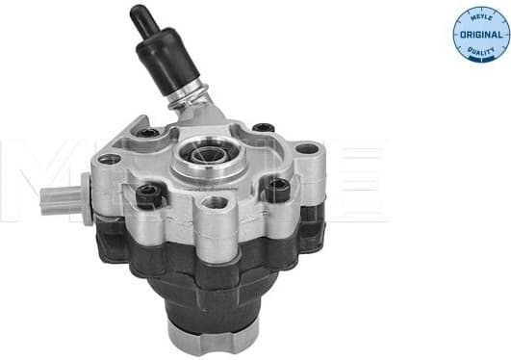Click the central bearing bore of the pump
[x=206, y=155]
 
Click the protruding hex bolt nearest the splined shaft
[x=146, y=196]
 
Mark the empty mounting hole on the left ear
[x=110, y=158]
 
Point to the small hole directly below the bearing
[x=217, y=202]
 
